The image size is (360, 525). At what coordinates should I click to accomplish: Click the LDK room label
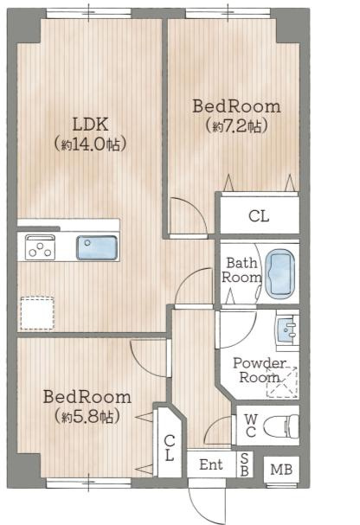tap(90, 125)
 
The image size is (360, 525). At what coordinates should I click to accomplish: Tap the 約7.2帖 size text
tap(237, 126)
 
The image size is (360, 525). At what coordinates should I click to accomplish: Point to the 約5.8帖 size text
tap(87, 416)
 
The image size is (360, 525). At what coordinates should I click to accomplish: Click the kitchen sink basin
tap(97, 247)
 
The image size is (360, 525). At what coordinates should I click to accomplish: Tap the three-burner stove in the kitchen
tap(40, 247)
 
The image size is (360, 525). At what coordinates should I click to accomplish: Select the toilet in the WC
tap(281, 426)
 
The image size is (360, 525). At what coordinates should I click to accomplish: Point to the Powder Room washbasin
tap(287, 330)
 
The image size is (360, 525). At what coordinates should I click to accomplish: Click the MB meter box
tap(281, 470)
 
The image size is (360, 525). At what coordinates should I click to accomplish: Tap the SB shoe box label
tap(244, 464)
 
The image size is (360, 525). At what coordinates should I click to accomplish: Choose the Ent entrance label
tap(211, 464)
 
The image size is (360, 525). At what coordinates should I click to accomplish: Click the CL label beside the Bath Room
tap(259, 216)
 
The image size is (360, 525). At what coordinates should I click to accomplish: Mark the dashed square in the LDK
tap(37, 313)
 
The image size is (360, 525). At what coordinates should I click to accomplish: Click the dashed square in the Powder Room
tap(282, 382)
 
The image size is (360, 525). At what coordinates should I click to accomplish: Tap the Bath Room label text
tap(241, 270)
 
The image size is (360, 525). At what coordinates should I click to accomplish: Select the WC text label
tap(251, 426)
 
